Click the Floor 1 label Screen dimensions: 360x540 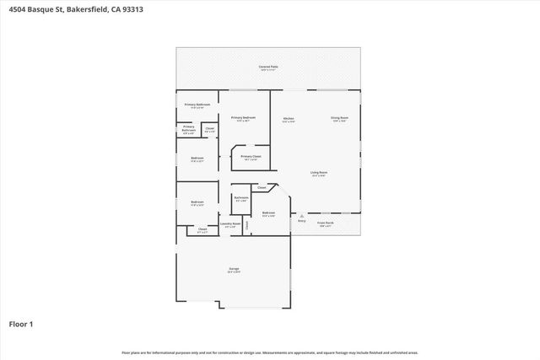tap(20, 324)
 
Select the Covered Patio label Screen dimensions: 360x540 tap(268, 66)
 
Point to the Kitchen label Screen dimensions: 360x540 tap(288, 118)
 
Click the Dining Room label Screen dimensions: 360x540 tap(339, 118)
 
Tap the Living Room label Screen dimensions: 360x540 tap(318, 172)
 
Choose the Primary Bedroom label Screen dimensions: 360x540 tap(243, 117)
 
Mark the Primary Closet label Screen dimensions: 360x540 tap(251, 157)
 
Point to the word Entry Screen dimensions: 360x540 tap(301, 222)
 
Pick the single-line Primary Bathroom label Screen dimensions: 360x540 tap(197, 105)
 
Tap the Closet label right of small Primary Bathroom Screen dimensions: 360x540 tap(209, 129)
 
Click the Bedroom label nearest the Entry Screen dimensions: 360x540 tap(268, 213)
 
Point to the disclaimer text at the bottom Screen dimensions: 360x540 tap(269, 352)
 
